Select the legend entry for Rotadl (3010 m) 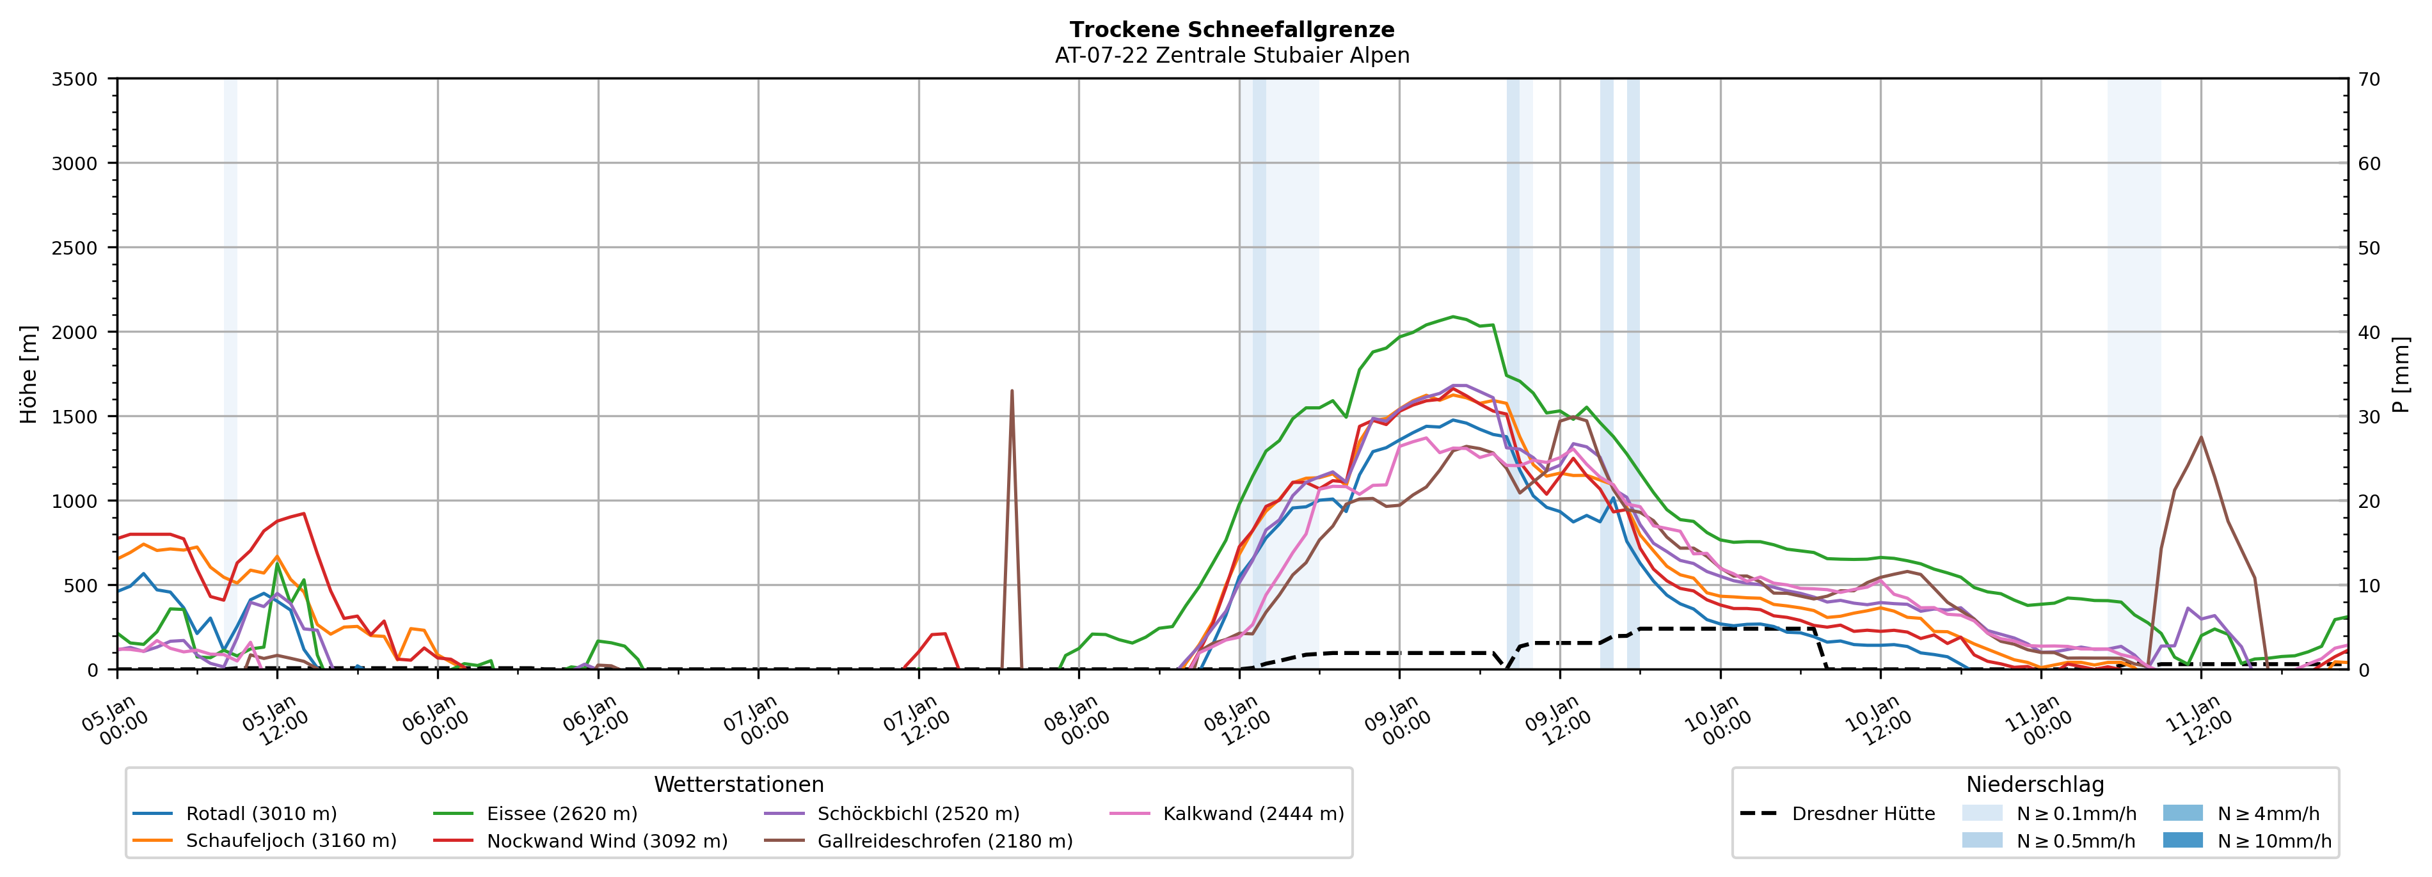click(260, 814)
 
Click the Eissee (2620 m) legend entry click(560, 814)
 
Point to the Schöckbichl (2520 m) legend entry click(918, 814)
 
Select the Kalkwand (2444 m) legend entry click(1253, 814)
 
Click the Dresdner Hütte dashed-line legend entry click(1863, 814)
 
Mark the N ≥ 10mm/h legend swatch click(2182, 840)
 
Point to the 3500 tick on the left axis click(75, 79)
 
